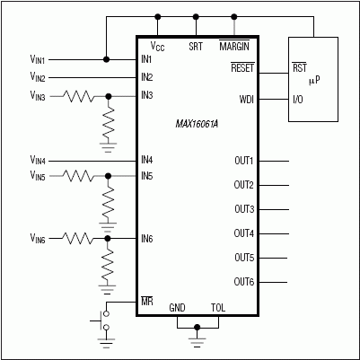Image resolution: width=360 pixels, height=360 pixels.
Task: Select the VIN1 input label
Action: [41, 60]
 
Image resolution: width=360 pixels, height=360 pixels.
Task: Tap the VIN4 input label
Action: [41, 161]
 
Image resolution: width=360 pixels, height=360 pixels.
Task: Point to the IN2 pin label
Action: [146, 77]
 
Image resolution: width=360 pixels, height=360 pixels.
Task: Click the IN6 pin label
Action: [146, 238]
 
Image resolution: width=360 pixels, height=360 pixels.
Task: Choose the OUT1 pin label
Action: [243, 161]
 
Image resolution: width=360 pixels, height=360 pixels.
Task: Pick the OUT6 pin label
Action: [243, 282]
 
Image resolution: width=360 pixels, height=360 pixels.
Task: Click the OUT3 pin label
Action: [243, 209]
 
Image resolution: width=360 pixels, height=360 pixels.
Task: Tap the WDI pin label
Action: [246, 99]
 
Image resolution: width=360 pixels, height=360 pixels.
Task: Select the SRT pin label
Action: [196, 46]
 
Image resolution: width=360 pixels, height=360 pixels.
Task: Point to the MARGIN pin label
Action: [234, 46]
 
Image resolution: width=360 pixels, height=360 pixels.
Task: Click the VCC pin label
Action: [157, 46]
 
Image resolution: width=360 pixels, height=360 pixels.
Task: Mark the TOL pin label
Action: [217, 307]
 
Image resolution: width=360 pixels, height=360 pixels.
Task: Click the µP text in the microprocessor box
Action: [313, 82]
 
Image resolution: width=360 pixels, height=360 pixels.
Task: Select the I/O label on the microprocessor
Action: [300, 99]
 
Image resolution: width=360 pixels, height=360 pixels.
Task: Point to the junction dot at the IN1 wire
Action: [107, 59]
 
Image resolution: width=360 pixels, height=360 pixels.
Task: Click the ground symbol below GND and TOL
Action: [198, 340]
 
